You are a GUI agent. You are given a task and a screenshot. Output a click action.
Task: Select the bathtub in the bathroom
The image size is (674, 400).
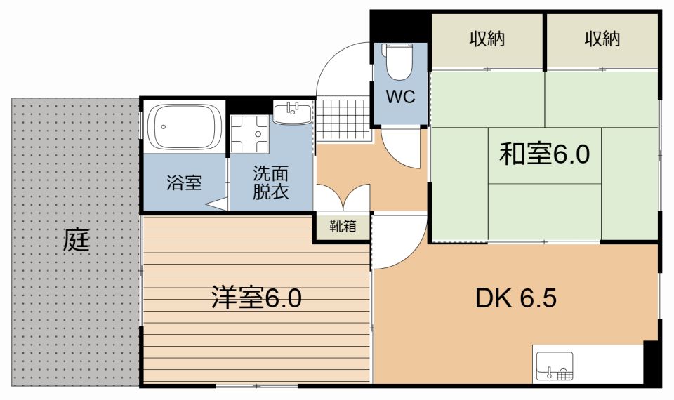pos(185,127)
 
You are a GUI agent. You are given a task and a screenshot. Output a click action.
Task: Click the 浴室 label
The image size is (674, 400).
pos(185,184)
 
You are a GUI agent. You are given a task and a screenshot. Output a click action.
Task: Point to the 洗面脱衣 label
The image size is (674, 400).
pos(270,185)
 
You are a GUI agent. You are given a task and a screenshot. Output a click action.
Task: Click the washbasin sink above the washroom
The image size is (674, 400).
pos(292,112)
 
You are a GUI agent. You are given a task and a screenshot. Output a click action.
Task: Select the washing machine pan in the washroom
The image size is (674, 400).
pos(251,133)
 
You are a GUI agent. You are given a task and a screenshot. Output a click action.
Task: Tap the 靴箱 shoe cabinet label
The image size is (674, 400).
pos(342,226)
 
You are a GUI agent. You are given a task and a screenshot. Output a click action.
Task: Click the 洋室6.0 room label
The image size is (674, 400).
pos(256,299)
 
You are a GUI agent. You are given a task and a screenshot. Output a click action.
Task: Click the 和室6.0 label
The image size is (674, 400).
pos(543,154)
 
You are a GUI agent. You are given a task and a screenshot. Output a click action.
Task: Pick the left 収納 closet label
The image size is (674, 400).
pos(487,39)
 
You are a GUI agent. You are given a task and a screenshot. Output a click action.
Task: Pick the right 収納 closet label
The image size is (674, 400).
pos(602,39)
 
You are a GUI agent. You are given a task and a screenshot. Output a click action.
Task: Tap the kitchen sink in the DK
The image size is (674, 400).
pos(555,366)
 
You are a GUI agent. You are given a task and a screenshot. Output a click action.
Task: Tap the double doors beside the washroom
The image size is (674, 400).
pos(343,197)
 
